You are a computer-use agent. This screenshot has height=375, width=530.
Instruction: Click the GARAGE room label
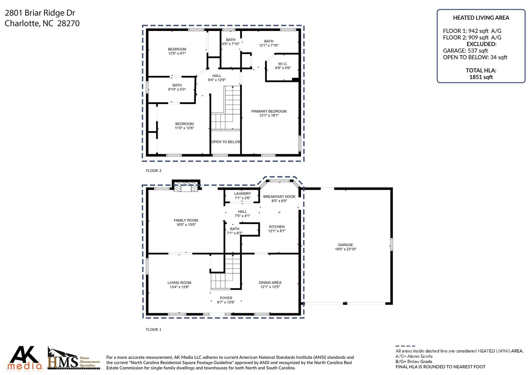pos(345,245)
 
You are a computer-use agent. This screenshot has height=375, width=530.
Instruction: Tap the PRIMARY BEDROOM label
pos(269,111)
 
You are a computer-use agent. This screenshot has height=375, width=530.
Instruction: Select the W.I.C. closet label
pos(283,64)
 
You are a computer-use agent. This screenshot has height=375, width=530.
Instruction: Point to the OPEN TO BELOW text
pos(226,142)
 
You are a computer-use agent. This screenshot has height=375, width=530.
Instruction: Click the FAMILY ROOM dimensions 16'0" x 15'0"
pos(186,225)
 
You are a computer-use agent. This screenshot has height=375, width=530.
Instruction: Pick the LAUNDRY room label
pos(242,194)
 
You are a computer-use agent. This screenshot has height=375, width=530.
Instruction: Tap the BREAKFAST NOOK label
pos(279,196)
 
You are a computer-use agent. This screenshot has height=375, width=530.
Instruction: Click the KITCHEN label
pos(277,227)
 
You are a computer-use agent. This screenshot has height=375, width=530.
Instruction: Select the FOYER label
pos(226,298)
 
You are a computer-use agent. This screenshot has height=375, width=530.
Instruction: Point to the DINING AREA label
pos(270,282)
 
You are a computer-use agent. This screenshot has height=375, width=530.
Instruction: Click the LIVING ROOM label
pos(179,283)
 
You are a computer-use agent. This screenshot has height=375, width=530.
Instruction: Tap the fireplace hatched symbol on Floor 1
pos(186,187)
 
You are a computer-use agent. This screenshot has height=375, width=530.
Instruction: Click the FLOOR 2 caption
pos(153,171)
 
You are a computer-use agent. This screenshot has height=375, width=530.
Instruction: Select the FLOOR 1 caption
pos(153,329)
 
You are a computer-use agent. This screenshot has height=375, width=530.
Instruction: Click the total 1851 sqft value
pos(481,77)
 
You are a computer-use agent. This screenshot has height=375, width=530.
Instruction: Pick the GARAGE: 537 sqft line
pos(465,51)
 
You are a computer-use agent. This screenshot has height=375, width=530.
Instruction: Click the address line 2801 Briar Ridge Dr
pos(40,13)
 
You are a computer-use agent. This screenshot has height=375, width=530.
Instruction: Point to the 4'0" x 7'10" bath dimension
pos(231,44)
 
